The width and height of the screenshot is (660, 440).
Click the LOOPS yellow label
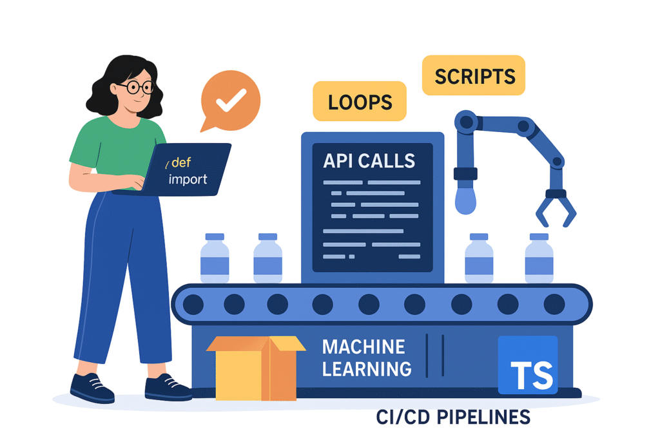point(359,101)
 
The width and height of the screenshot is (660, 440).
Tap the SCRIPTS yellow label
point(474,76)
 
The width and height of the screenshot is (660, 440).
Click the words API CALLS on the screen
point(369,160)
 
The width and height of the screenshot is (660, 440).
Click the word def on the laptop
point(181,163)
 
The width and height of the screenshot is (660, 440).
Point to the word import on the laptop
point(188,179)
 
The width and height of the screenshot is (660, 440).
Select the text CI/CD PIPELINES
point(453,417)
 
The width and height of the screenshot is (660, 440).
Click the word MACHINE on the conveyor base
point(364,348)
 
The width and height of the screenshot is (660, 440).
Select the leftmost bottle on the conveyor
point(215,258)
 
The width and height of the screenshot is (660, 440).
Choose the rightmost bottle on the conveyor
point(539,258)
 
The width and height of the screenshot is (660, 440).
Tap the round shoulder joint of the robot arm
point(466,122)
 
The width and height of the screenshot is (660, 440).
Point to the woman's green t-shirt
point(116,145)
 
